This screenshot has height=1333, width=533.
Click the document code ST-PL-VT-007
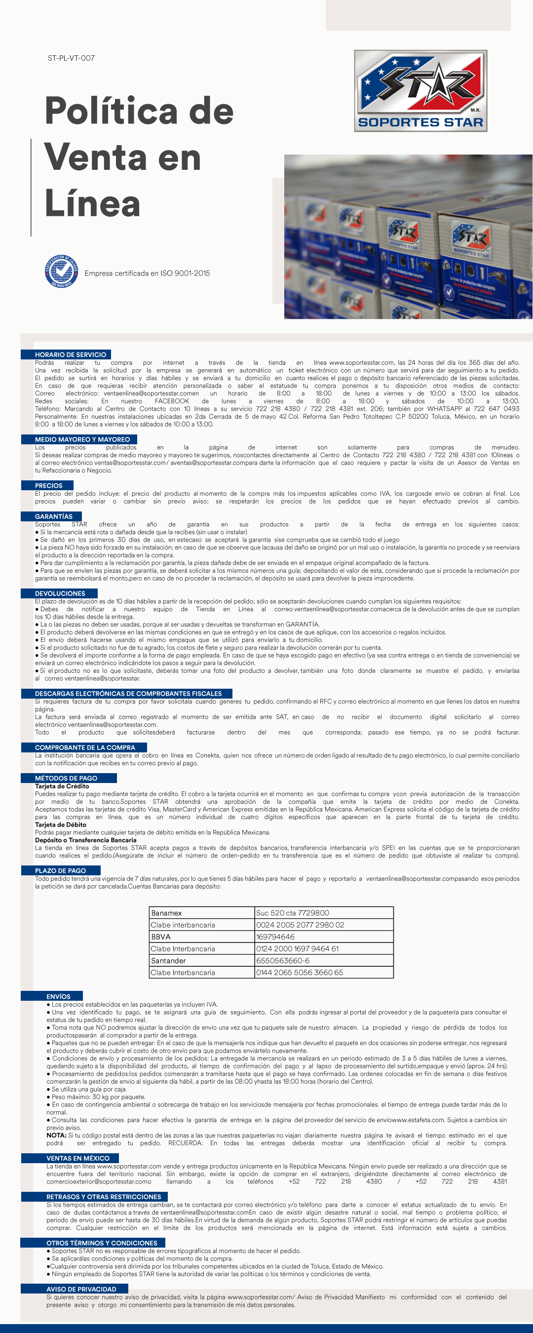click(x=71, y=58)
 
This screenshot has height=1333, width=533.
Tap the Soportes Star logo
click(x=420, y=90)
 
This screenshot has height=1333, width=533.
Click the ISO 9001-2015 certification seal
click(x=62, y=272)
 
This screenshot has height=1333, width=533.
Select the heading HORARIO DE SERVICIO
click(x=71, y=354)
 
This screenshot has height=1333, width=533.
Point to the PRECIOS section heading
click(x=49, y=485)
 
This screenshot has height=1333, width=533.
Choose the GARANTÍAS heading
click(x=54, y=516)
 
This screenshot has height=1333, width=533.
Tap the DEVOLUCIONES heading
click(x=60, y=593)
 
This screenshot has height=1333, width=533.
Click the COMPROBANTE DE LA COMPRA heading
click(x=85, y=747)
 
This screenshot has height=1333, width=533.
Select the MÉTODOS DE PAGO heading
click(x=66, y=778)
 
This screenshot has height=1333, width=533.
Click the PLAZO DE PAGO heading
click(x=61, y=870)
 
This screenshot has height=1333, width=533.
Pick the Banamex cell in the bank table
click(x=167, y=913)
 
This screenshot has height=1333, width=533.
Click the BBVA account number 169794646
click(x=275, y=937)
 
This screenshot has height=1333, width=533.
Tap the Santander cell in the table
click(x=168, y=961)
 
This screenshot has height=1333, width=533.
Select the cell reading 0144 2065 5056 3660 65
click(x=300, y=973)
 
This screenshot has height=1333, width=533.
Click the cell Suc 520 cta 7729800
click(x=292, y=913)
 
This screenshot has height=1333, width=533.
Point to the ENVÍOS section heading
click(x=58, y=996)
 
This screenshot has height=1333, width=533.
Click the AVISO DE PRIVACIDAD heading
click(x=81, y=1289)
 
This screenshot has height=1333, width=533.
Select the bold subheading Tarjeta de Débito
click(x=61, y=825)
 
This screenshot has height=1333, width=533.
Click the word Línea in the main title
click(x=93, y=203)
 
